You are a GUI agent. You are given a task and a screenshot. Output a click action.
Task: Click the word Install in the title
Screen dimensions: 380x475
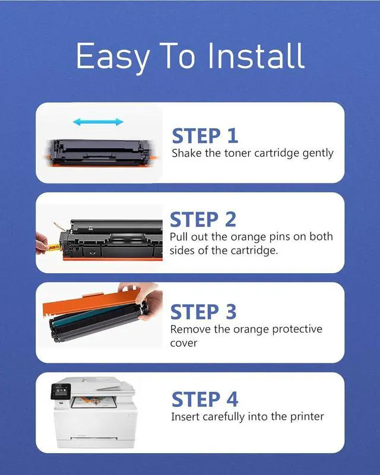256,56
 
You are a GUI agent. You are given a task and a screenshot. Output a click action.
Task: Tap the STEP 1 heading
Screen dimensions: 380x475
205,136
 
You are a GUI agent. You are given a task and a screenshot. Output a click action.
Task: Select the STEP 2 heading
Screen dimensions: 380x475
203,219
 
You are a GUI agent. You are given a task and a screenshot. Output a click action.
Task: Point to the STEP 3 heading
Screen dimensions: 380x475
203,312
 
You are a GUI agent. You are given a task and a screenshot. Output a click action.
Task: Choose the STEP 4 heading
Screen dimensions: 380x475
204,399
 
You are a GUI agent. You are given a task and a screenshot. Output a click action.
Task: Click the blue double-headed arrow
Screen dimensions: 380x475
98,122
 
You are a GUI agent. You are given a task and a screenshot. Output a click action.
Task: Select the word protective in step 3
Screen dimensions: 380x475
297,330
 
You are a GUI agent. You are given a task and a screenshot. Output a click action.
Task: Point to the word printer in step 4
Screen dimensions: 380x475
307,417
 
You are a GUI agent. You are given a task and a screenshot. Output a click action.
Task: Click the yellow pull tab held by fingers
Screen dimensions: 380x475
53,248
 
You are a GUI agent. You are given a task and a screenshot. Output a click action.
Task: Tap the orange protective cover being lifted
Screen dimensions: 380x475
91,302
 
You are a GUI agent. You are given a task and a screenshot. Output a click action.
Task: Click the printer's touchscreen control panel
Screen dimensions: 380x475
61,391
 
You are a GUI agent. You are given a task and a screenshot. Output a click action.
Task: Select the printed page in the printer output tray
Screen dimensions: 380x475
94,402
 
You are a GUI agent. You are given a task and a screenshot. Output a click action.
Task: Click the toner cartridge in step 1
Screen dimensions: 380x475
100,153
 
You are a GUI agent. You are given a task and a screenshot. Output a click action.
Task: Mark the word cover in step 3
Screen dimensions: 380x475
183,343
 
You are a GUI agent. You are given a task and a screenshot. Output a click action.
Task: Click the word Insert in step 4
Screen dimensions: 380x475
185,417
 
